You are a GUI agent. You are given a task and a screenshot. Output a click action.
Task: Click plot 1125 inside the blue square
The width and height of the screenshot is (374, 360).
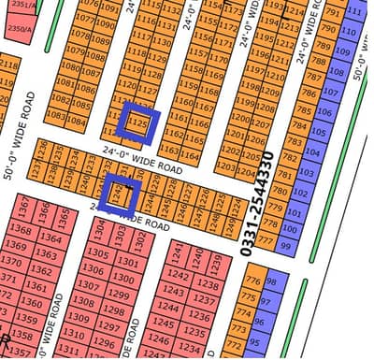139,122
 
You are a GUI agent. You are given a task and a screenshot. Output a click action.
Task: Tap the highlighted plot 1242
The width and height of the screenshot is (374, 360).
119,193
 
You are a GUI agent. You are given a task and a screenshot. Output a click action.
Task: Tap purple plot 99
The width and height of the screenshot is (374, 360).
287,245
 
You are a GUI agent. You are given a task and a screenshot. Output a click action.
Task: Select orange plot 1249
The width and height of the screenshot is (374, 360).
217,223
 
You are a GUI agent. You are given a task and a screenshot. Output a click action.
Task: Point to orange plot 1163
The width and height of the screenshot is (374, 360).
169,150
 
